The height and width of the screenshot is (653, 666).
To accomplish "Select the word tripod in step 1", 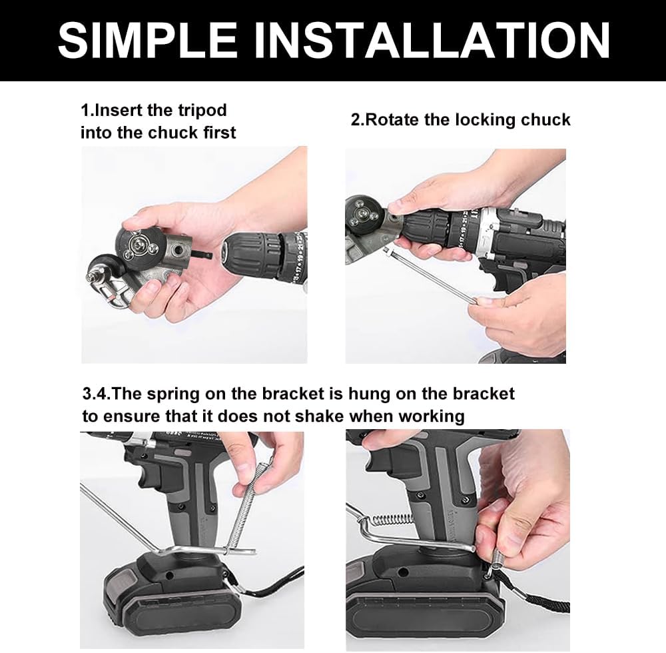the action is point(202,111).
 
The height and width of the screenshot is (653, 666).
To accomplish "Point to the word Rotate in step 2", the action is point(392,120).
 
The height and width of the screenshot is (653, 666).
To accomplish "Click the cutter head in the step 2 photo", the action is point(362,215).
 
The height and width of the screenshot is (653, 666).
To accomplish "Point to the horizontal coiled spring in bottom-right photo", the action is point(392,519).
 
